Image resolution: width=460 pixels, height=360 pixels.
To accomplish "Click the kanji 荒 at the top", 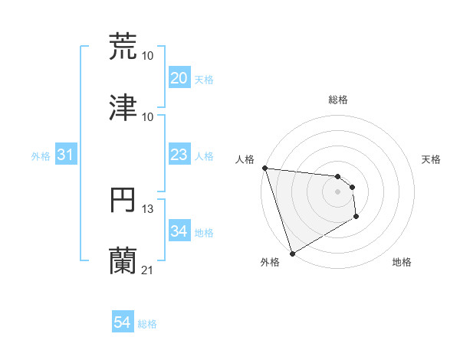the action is point(123,46).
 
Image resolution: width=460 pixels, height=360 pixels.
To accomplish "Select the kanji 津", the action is point(123,107).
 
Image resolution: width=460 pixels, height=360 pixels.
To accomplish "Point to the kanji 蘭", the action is point(123,260).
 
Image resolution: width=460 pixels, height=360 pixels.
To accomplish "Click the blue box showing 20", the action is point(179,78).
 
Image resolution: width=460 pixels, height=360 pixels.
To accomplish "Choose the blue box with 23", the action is point(179,155).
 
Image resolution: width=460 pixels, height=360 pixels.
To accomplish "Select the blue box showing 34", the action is point(179,231).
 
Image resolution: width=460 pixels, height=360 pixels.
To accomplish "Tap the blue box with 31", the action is point(66,155).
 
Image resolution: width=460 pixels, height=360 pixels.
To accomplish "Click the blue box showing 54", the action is point(123,323).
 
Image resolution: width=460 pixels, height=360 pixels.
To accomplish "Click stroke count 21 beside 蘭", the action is point(148,270).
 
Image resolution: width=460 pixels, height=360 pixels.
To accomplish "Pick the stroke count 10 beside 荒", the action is point(148,55).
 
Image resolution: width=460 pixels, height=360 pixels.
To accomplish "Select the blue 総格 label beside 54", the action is point(147,324).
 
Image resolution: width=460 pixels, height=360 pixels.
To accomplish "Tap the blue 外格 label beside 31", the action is point(41,156).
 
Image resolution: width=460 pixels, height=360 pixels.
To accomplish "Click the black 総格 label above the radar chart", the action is point(338,100).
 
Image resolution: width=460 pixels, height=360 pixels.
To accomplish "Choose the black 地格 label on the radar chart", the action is point(402,262).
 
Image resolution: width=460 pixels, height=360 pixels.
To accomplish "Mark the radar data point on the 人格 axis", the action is point(264,169).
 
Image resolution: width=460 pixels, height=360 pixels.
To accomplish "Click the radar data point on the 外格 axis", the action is point(292,253).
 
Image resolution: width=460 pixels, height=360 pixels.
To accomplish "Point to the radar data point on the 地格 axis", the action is point(356,218).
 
